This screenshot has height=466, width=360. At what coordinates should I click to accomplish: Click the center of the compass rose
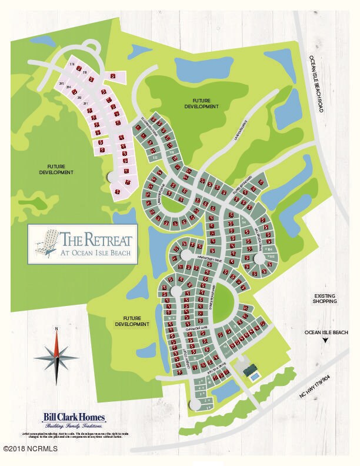coord(56,355)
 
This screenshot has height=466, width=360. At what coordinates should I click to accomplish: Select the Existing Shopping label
coord(325,298)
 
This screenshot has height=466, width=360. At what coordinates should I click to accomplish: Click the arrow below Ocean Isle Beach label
coord(325,341)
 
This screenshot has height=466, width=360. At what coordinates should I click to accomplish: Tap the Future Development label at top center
coord(201,104)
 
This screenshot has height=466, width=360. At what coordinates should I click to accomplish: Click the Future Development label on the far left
coord(56,169)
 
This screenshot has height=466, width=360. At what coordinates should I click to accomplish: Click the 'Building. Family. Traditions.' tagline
coord(75,425)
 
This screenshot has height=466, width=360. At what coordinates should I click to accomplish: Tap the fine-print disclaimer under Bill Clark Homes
coord(75,435)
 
